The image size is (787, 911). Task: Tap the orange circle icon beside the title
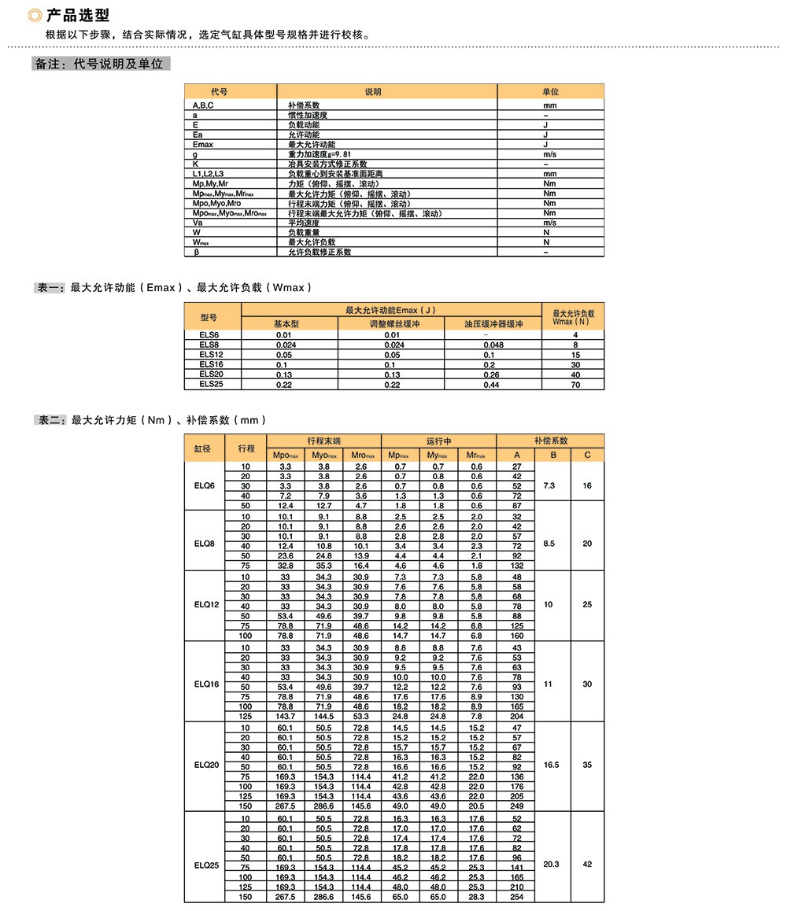[35, 16]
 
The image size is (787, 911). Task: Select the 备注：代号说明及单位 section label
[100, 65]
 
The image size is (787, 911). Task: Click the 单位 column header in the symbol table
[550, 92]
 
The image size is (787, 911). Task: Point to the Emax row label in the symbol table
[203, 145]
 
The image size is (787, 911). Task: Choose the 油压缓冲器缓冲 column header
[493, 324]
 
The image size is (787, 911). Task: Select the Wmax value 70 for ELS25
[575, 385]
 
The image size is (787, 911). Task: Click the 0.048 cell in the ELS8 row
[493, 345]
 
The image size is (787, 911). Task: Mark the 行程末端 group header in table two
[323, 441]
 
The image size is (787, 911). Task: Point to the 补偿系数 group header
[551, 441]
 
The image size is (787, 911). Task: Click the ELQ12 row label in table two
[205, 605]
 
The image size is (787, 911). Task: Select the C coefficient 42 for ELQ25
[587, 864]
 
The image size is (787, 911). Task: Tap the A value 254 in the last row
[517, 897]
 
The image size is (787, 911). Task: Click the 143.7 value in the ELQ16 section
[286, 716]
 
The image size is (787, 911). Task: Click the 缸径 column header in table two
[203, 448]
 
